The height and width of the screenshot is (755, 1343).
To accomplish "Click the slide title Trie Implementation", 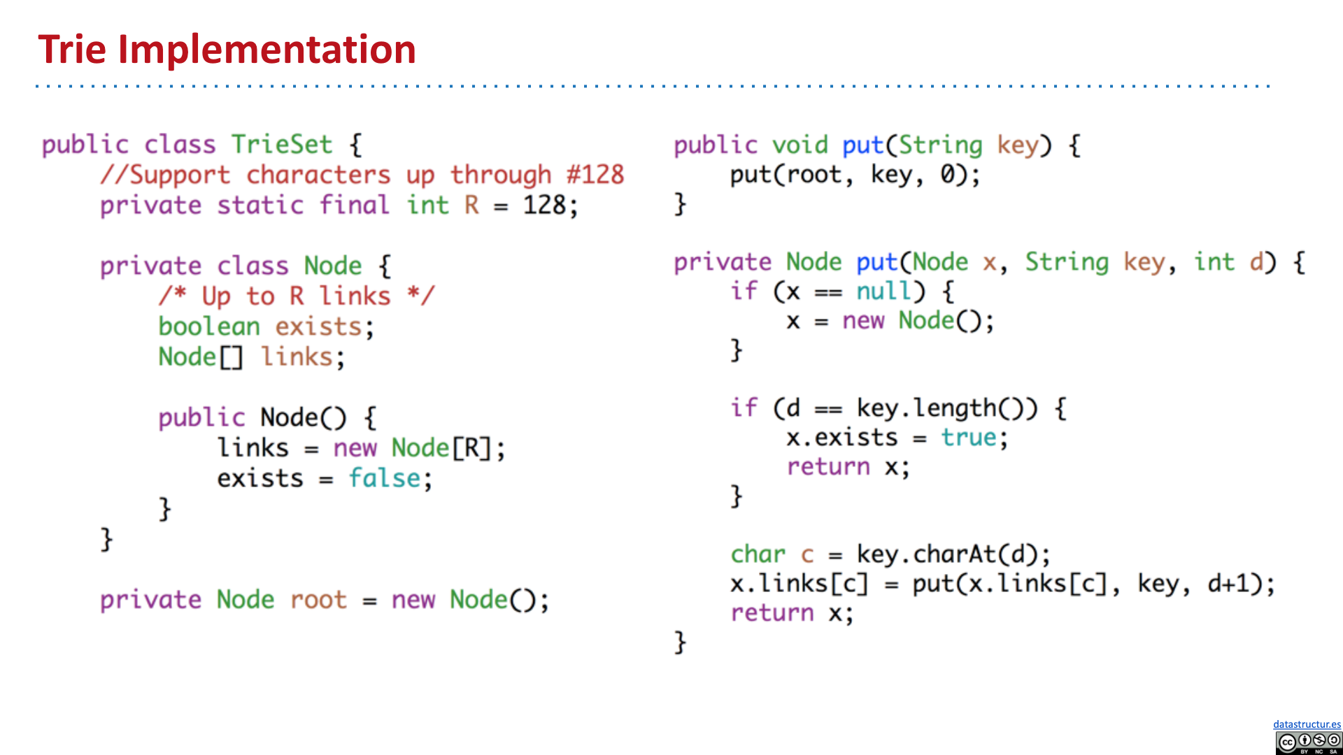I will pos(227,50).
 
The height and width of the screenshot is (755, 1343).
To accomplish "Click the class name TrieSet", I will pos(282,145).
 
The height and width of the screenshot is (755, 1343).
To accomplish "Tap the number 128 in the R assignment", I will pos(545,206).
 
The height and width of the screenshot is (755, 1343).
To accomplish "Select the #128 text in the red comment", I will pos(595,175).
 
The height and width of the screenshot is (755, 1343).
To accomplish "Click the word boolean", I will pos(209,326).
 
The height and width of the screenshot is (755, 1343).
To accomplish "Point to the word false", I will pos(385,478).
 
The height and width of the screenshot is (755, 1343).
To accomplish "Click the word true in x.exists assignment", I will pos(969,438).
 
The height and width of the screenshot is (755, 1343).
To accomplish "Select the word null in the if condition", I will pos(885,291).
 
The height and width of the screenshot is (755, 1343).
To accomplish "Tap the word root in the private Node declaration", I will pos(318,600).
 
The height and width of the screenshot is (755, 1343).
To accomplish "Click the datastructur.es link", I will pos(1307,724).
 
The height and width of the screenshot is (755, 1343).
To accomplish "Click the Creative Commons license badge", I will pos(1308,742).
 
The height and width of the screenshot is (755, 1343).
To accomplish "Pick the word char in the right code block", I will pos(758,554).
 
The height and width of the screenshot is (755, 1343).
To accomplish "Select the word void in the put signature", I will pos(800,145).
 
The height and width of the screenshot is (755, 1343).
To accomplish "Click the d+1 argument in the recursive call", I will pos(1235,584).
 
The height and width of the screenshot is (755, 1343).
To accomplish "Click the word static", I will pos(260,206).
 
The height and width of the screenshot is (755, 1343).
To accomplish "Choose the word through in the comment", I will pos(500,175).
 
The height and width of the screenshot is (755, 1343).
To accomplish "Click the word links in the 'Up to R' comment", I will pos(355,296).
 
